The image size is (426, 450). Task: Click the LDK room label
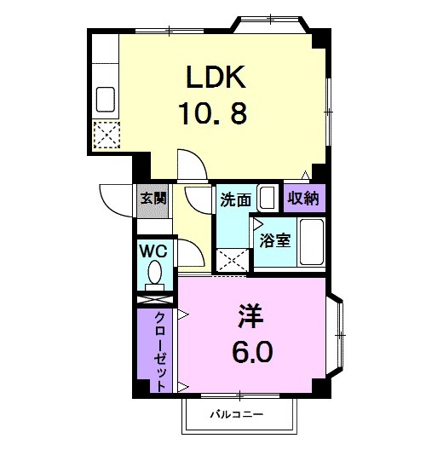216,79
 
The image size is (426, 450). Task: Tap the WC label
153,252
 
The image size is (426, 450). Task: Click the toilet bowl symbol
155,274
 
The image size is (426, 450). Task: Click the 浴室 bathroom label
274,239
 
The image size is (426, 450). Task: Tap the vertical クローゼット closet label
159,350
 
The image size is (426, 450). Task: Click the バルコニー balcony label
238,415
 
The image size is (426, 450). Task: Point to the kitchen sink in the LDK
107,100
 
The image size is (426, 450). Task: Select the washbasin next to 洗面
268,199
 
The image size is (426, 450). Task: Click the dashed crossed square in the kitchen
107,135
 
